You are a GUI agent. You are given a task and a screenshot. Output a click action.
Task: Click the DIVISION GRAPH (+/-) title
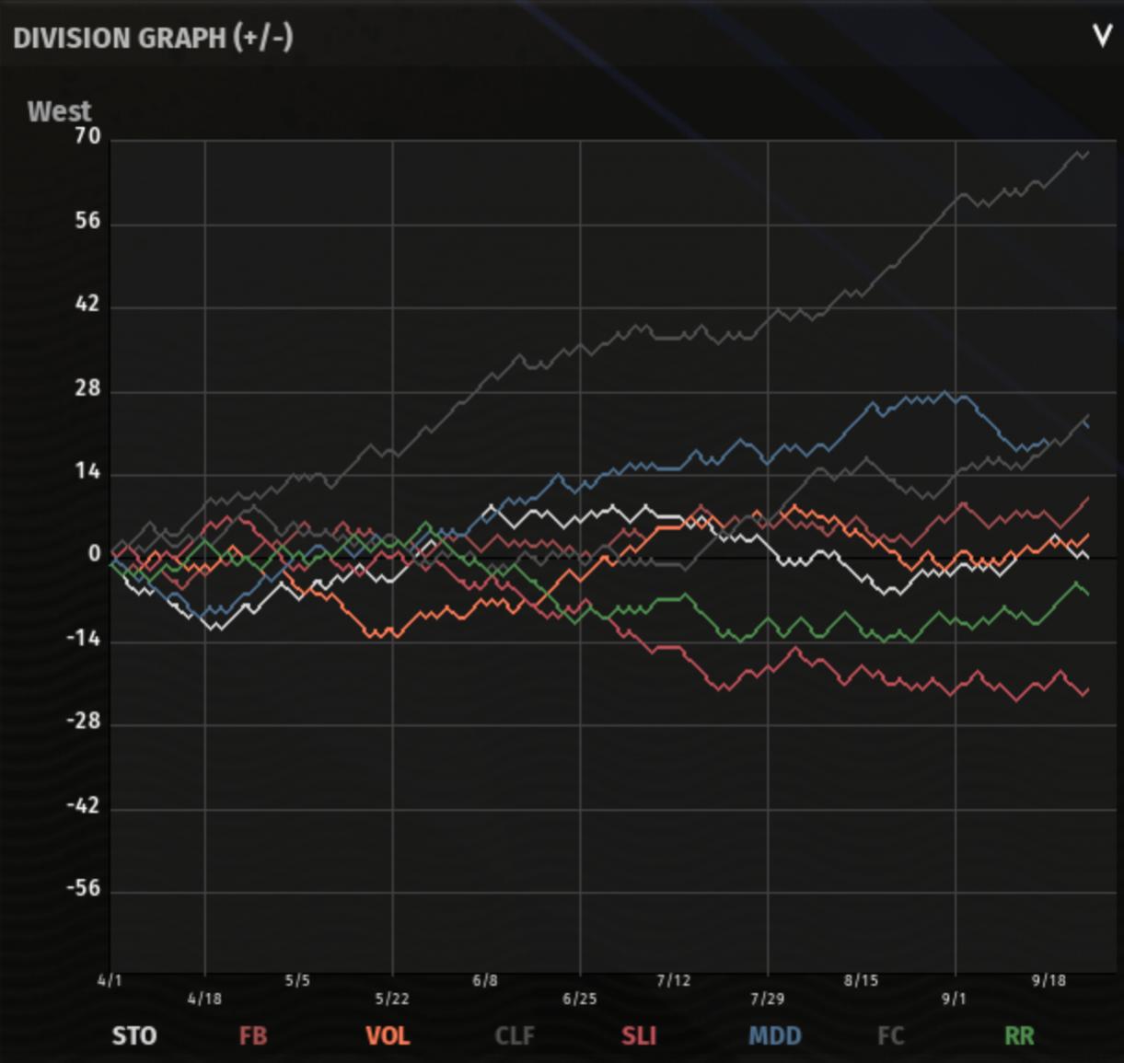pos(153,38)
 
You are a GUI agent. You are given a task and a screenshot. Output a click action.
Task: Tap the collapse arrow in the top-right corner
pos(1102,37)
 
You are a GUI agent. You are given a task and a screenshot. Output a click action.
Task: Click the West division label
pos(60,111)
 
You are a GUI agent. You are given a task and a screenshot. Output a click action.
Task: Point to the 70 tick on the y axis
pos(87,136)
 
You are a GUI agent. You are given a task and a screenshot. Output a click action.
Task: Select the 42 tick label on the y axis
pos(87,305)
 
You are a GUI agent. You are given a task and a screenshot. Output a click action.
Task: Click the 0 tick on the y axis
pos(94,554)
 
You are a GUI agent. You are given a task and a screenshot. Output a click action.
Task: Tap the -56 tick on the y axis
pos(83,888)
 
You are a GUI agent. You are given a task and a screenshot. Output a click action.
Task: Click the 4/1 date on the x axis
pos(110,980)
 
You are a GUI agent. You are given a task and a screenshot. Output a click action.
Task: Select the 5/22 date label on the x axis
pos(392,999)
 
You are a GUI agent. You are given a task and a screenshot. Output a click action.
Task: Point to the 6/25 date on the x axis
pos(580,999)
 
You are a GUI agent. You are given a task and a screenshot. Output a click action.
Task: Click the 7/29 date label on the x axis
pos(768,999)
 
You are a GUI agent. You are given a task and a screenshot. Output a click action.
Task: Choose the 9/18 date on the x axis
pos(1049,980)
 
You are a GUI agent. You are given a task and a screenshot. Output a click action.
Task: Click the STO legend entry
pos(134,1036)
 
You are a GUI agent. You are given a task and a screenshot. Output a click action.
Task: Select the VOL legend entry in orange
pos(388,1036)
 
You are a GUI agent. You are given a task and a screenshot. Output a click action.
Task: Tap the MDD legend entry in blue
pos(775,1036)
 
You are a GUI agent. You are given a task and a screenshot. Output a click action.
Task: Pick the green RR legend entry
pos(1019,1036)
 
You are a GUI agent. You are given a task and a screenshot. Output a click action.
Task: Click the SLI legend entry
pos(639,1036)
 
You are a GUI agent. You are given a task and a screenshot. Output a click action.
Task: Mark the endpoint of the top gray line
pos(1088,153)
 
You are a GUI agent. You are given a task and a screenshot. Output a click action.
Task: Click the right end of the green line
pos(1088,594)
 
